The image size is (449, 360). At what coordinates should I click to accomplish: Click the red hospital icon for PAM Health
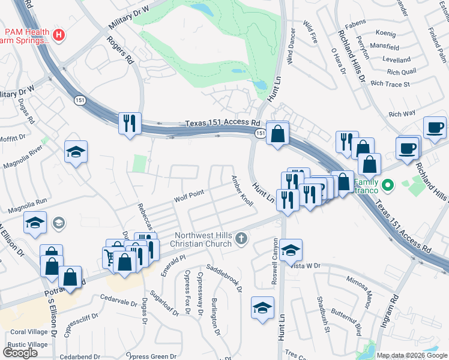pyautogui.click(x=58, y=35)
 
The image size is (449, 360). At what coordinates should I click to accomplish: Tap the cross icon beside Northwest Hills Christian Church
pyautogui.click(x=241, y=239)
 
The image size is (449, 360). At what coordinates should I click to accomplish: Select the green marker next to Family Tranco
pyautogui.click(x=388, y=185)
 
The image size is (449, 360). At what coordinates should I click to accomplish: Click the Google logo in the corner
pyautogui.click(x=20, y=353)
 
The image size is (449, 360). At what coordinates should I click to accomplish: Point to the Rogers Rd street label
pyautogui.click(x=119, y=50)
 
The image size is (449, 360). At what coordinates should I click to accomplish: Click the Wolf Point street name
pyautogui.click(x=189, y=196)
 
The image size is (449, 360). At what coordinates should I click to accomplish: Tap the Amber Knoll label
pyautogui.click(x=243, y=191)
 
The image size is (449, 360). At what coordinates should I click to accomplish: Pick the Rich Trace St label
pyautogui.click(x=390, y=84)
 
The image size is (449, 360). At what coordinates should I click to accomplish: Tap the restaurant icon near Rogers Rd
pyautogui.click(x=130, y=124)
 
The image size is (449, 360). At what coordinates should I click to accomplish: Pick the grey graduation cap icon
pyautogui.click(x=58, y=224)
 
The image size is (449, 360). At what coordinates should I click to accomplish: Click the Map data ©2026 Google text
pyautogui.click(x=411, y=355)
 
